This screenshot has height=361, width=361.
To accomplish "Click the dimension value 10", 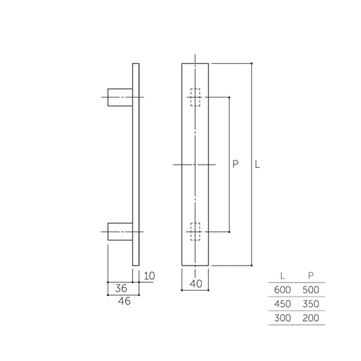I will (149, 276).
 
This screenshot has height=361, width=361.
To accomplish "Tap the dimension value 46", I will (123, 301).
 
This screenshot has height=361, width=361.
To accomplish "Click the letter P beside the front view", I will (235, 164).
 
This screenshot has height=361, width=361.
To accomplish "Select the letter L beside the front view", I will (258, 164).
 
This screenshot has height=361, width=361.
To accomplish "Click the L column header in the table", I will (282, 276).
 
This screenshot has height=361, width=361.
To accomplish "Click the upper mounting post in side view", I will (121, 98).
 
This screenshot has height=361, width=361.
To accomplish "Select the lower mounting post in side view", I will (121, 232).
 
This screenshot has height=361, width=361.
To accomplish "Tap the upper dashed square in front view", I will (196, 98).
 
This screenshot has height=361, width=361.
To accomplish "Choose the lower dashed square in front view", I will (196, 232).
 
